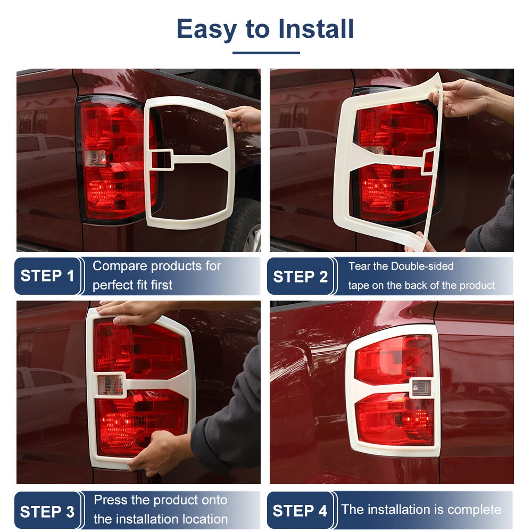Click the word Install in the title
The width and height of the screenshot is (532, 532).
click(x=316, y=29)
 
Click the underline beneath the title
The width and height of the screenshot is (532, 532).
click(x=266, y=53)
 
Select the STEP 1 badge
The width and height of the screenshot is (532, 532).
click(x=47, y=276)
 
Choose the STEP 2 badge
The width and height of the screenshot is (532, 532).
click(x=300, y=276)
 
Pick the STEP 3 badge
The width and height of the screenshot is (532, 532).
click(x=47, y=511)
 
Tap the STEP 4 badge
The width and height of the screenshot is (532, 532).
click(x=300, y=511)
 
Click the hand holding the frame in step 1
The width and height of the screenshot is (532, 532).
click(x=244, y=119)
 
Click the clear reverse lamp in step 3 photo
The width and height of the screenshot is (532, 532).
click(x=111, y=385)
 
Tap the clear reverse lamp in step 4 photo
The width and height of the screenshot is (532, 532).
click(x=421, y=388)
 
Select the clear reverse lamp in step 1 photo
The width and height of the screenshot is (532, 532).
click(x=95, y=158)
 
